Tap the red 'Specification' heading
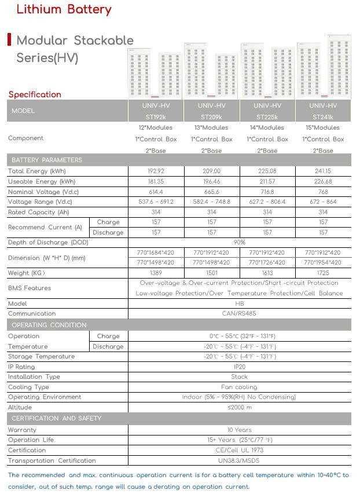tap(35, 94)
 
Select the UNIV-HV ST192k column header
tap(156, 111)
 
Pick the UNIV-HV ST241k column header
tap(323, 111)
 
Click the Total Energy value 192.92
tap(156, 171)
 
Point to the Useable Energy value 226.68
tap(323, 182)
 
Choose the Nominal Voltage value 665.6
tap(212, 192)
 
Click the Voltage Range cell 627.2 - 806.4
tap(267, 202)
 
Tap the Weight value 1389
tap(156, 273)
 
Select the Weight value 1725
tap(323, 273)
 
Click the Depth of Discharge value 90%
tap(240, 242)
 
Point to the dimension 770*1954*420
tap(323, 262)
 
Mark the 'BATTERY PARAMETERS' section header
tap(47, 160)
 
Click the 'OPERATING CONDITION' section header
tap(49, 325)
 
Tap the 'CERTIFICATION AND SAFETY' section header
tap(57, 418)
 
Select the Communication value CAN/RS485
tap(240, 313)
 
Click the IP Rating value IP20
tap(240, 367)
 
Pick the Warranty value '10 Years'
tap(240, 430)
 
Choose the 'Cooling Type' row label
tap(28, 387)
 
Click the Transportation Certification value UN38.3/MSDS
tap(240, 460)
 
